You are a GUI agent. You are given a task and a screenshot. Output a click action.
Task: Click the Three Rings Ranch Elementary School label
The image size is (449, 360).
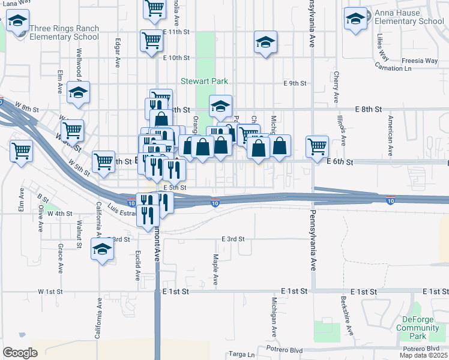64,32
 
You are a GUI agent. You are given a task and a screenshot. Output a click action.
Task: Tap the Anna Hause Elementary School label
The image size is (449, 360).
409,17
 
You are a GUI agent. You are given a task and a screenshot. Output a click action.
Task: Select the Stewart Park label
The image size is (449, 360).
206,81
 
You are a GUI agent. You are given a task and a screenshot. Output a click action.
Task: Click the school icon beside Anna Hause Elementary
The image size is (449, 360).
355,20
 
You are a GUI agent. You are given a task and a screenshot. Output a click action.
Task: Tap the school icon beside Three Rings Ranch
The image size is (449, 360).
17,23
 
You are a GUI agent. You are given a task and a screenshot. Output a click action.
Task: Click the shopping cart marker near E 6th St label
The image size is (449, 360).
317,146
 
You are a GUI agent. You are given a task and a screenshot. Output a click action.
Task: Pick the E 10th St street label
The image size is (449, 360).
176,58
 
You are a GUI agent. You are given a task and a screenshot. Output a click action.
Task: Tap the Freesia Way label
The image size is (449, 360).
420,61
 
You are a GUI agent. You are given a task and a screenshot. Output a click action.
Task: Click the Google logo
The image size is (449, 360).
20,353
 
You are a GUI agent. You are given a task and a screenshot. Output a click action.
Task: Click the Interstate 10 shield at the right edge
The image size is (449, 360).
390,197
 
